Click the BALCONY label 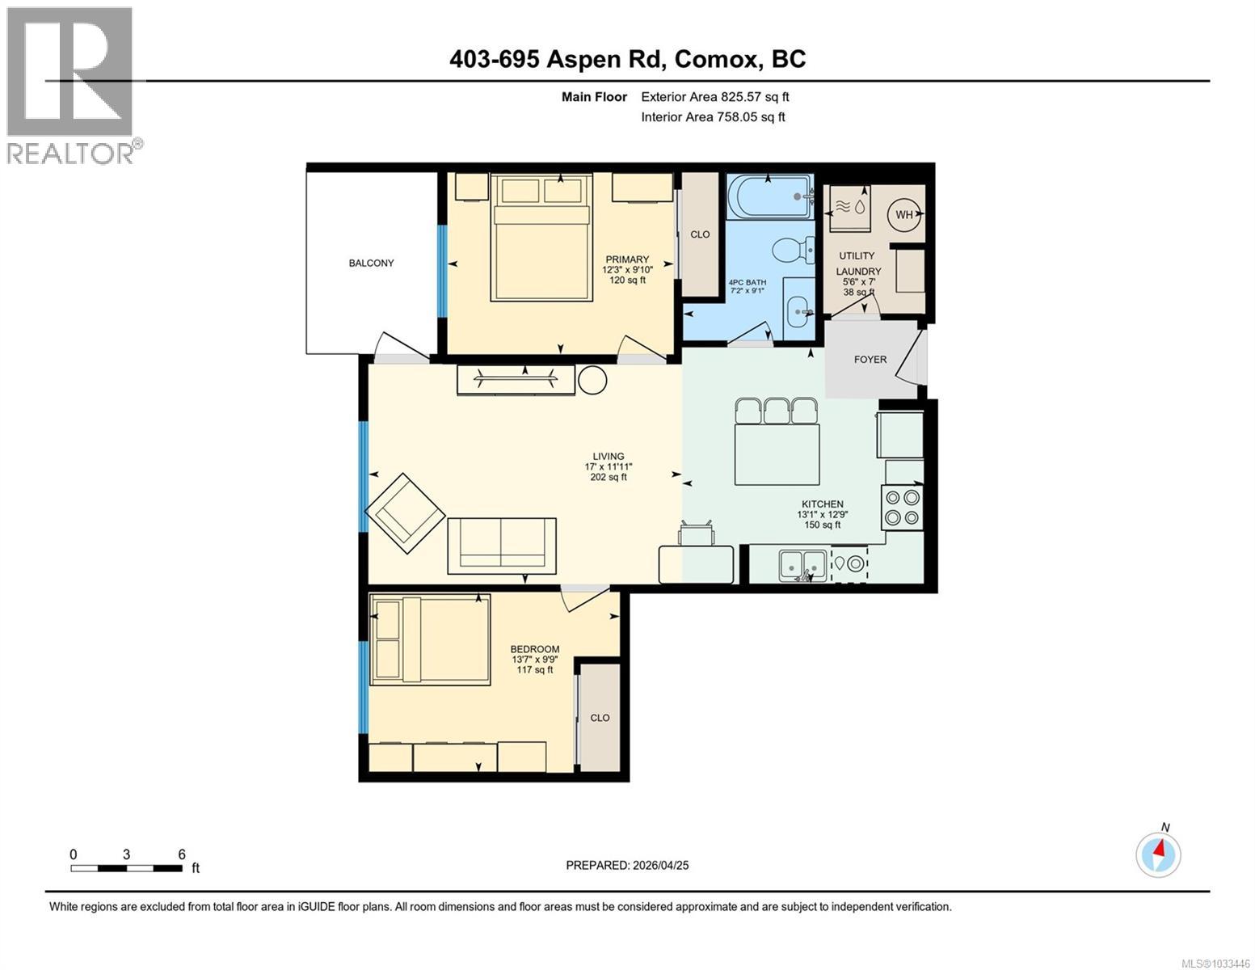click(x=371, y=263)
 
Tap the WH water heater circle click(x=903, y=214)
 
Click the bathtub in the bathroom click(x=770, y=197)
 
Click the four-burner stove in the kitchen click(x=902, y=508)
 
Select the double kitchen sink click(x=802, y=564)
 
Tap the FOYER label click(x=870, y=360)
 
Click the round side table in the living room click(x=592, y=381)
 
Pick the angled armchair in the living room click(x=405, y=513)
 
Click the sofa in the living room click(x=502, y=546)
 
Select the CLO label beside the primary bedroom click(x=700, y=234)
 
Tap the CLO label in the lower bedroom click(x=600, y=718)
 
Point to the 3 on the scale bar click(x=127, y=854)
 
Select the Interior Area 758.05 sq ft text click(x=713, y=116)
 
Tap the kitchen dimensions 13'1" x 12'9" click(x=823, y=514)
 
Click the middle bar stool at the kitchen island click(x=777, y=411)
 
